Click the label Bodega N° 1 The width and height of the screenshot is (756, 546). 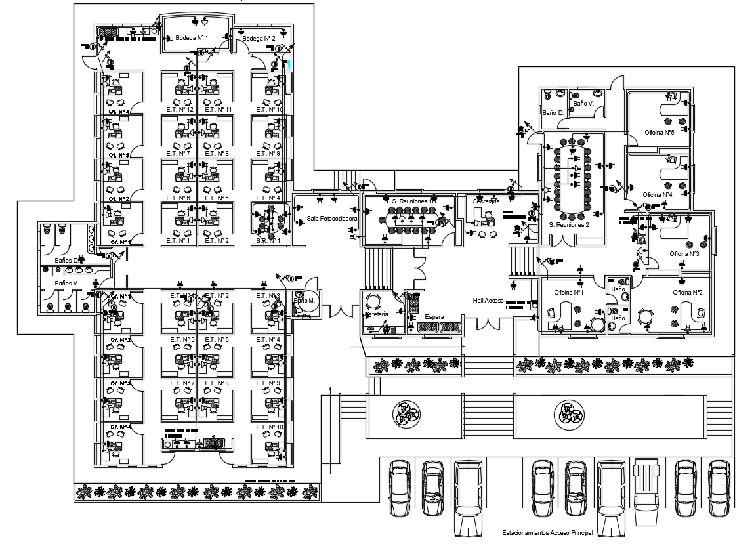192,39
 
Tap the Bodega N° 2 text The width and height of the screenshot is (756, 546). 259,39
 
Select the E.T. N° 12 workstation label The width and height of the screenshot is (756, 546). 179,109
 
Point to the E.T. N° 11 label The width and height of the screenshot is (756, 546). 219,109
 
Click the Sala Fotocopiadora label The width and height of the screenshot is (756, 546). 331,219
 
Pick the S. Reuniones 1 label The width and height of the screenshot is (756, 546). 410,201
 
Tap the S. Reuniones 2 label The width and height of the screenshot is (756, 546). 568,224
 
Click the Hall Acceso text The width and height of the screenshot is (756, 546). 488,300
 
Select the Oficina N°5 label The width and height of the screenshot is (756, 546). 659,132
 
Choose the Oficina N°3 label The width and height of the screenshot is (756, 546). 684,253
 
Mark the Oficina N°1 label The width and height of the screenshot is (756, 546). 568,292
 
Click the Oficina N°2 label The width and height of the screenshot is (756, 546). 687,292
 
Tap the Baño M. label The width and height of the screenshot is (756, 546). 304,301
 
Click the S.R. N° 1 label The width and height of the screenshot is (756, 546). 268,240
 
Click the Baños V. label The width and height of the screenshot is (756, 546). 66,283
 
